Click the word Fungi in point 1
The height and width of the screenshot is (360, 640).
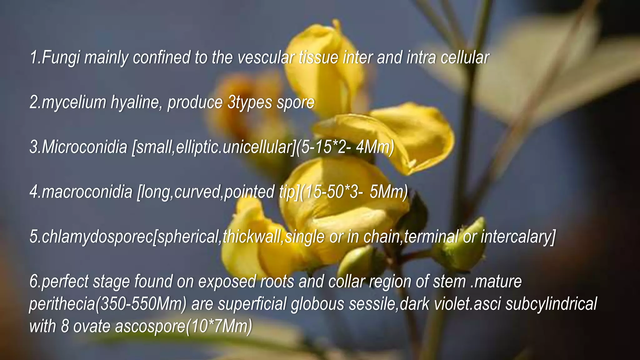61,58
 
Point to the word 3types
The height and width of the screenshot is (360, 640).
250,103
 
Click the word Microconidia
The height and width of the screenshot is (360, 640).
84,147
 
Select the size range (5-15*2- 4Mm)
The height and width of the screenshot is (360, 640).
345,147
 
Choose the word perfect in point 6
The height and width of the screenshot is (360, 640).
65,281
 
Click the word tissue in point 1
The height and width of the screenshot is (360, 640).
318,58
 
